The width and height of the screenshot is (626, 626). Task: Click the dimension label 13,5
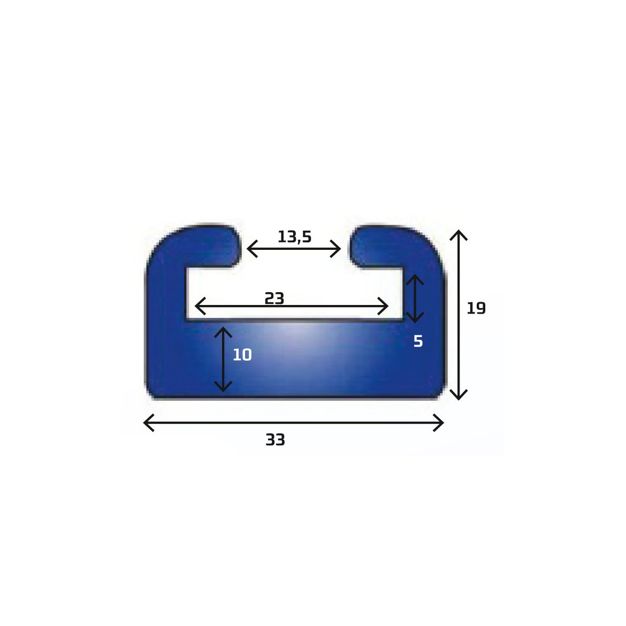pos(294,236)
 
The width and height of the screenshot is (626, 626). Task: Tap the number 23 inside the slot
pos(274,298)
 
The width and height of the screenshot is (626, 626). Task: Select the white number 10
pos(242,355)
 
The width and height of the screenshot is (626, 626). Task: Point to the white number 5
pos(418,341)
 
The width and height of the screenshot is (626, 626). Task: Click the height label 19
pos(476,308)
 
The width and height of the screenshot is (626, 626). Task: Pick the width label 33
pos(275,440)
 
